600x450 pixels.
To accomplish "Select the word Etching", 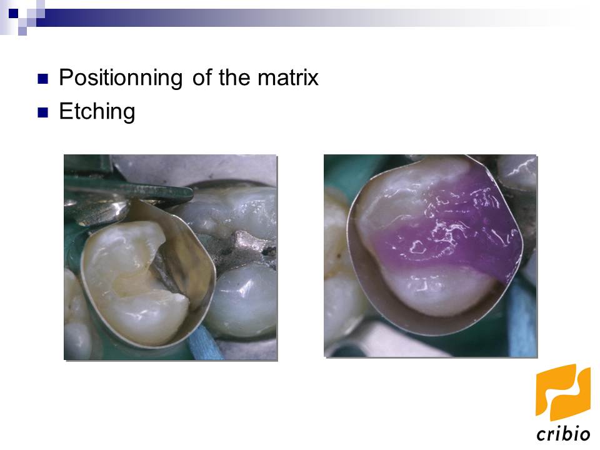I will [x=97, y=112].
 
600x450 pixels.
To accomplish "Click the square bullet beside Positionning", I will [x=42, y=79].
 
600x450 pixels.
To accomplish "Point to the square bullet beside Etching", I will [x=42, y=113].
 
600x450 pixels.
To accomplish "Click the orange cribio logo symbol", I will [x=562, y=392].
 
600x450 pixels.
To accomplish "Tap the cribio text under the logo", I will [x=562, y=434].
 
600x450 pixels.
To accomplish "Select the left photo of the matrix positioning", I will [x=170, y=257].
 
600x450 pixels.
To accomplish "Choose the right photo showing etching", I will [x=430, y=256].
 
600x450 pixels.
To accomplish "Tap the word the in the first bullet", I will [x=234, y=78].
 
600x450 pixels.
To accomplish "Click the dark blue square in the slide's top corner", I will [x=13, y=11].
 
